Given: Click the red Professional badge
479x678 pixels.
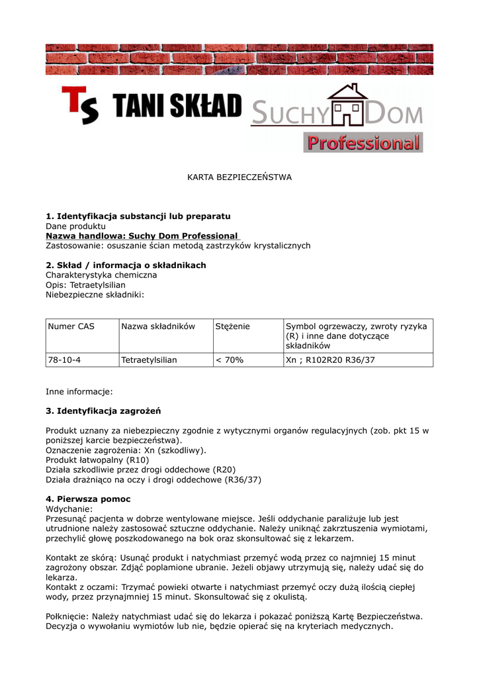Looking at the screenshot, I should click(x=363, y=142).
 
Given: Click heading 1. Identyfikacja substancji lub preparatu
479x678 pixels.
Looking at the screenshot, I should click(x=138, y=216).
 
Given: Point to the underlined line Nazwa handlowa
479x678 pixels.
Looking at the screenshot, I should click(x=142, y=236).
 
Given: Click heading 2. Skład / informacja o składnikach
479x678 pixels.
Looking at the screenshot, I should click(x=126, y=265).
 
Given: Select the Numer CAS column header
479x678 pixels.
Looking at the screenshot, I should click(x=71, y=326).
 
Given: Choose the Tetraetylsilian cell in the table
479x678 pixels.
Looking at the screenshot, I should click(x=149, y=360).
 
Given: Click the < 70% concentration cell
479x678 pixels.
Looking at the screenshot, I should click(x=230, y=360).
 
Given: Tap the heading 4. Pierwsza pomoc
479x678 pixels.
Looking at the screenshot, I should click(x=88, y=499).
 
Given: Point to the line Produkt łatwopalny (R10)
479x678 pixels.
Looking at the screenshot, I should click(x=97, y=460).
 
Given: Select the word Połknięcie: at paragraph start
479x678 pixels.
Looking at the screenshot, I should click(x=67, y=616).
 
